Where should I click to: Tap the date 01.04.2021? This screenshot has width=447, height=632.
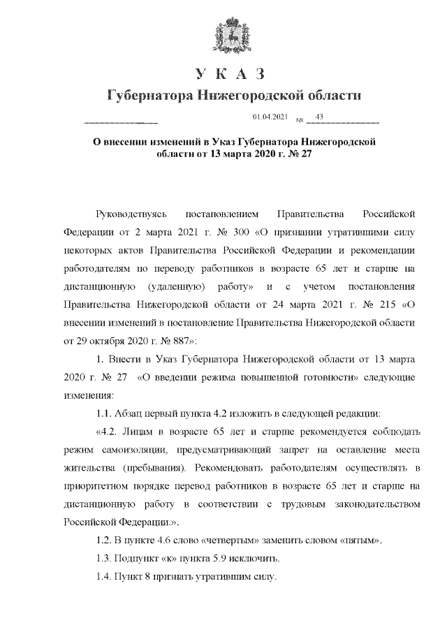click(270, 117)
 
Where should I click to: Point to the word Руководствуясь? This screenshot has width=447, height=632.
click(130, 211)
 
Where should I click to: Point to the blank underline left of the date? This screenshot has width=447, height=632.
click(120, 122)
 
